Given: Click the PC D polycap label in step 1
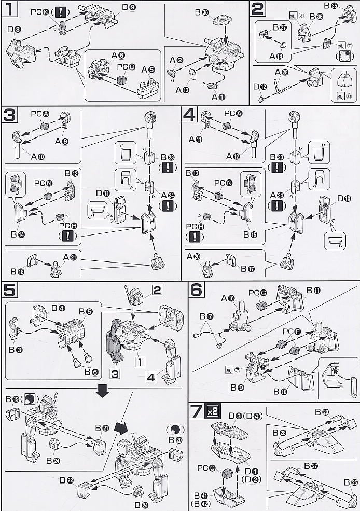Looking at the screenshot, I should click(x=122, y=67).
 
